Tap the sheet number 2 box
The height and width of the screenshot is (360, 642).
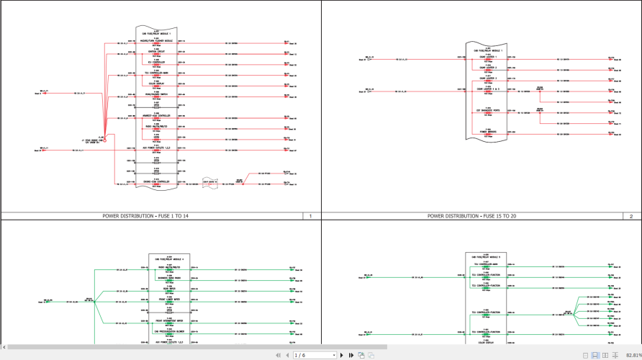pyautogui.click(x=631, y=216)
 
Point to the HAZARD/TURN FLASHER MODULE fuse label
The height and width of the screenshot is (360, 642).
pyautogui.click(x=156, y=41)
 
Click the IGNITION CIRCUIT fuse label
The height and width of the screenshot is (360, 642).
pyautogui.click(x=156, y=52)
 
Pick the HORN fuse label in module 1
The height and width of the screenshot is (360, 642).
pyautogui.click(x=156, y=138)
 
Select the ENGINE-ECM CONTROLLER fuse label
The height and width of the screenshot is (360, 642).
pyautogui.click(x=156, y=182)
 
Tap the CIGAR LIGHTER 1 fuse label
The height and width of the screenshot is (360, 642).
pyautogui.click(x=488, y=58)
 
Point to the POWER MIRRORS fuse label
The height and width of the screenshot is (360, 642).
pyautogui.click(x=488, y=132)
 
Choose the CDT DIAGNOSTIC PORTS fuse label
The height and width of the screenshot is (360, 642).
pyautogui.click(x=488, y=111)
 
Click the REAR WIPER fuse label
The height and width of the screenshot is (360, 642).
pyautogui.click(x=169, y=289)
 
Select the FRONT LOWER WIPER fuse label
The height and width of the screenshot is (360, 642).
pyautogui.click(x=169, y=299)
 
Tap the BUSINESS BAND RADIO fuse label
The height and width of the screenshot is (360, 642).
pyautogui.click(x=169, y=278)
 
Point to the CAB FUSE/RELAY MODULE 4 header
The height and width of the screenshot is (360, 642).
pyautogui.click(x=169, y=259)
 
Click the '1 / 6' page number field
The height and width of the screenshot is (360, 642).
pyautogui.click(x=314, y=355)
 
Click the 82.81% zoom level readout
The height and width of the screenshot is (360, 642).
pyautogui.click(x=633, y=355)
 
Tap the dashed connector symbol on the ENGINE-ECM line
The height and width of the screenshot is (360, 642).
pyautogui.click(x=209, y=184)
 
